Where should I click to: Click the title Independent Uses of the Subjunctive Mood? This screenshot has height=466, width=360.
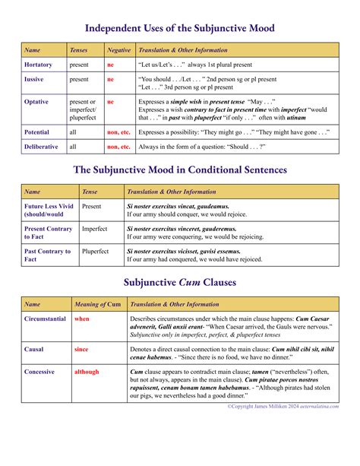pyautogui.click(x=180, y=28)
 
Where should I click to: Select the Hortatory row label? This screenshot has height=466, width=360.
pyautogui.click(x=39, y=65)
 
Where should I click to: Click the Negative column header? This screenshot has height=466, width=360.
pyautogui.click(x=118, y=50)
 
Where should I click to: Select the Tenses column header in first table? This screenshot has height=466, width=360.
pyautogui.click(x=78, y=50)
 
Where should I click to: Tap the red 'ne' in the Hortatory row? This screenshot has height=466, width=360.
pyautogui.click(x=110, y=65)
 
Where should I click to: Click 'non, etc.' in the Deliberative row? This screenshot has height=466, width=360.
pyautogui.click(x=118, y=147)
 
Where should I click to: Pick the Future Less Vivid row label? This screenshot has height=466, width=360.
pyautogui.click(x=49, y=210)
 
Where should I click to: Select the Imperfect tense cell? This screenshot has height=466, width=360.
pyautogui.click(x=95, y=229)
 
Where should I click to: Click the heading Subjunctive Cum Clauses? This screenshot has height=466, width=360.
pyautogui.click(x=180, y=283)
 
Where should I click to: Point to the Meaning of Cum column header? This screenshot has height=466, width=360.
pyautogui.click(x=97, y=304)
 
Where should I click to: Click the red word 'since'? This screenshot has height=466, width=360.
pyautogui.click(x=81, y=350)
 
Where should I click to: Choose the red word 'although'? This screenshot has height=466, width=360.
pyautogui.click(x=87, y=372)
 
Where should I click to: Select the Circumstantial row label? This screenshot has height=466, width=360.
pyautogui.click(x=46, y=319)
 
